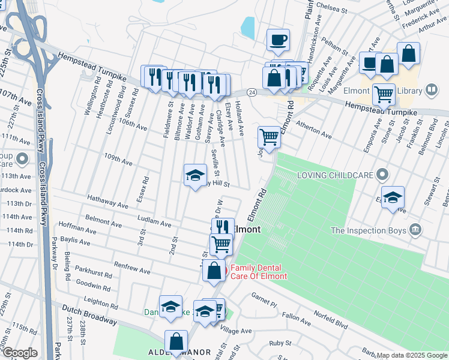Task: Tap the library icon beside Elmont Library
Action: pos(430,91)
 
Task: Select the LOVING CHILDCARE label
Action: pos(336,176)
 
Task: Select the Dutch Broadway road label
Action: pos(89,314)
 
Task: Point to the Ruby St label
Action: pos(280,343)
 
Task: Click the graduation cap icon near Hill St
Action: pos(194,175)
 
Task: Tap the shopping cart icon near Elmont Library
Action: pos(383,93)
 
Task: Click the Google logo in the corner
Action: pos(20,353)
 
